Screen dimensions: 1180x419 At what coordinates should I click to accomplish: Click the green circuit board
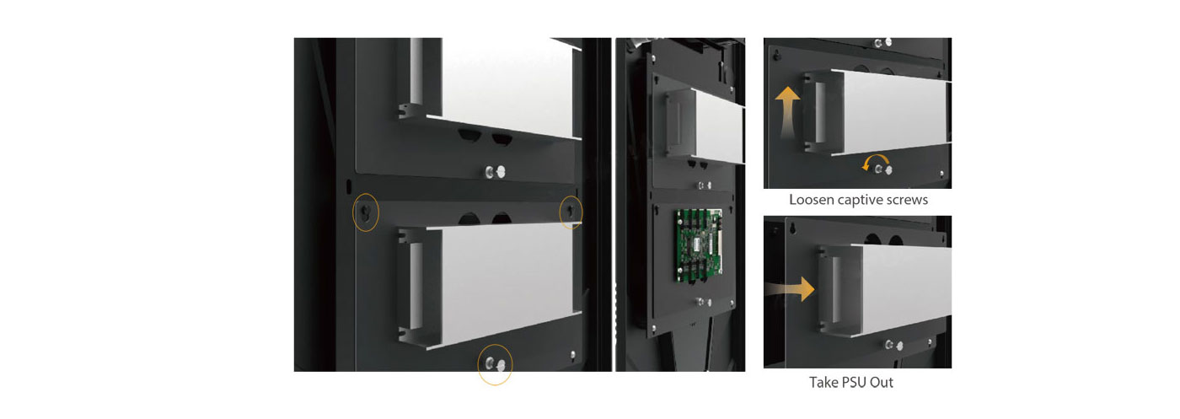699,245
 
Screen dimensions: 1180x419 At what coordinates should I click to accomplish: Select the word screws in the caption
907,201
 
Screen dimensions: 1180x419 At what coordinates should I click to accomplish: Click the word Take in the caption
822,383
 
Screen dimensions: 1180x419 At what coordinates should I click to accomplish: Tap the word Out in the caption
882,383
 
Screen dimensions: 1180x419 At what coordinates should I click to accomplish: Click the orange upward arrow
787,112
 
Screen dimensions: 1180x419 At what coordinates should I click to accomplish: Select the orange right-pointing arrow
791,289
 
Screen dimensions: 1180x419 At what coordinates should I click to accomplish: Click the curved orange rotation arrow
876,159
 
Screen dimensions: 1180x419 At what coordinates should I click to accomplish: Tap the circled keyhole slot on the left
366,212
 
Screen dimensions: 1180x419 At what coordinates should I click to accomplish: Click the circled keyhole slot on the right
570,211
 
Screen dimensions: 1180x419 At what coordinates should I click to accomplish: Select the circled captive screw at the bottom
496,363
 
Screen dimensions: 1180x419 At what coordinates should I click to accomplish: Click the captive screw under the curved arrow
883,169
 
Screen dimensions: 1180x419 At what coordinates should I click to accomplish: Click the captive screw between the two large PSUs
496,172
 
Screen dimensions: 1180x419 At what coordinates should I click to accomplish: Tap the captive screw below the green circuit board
703,302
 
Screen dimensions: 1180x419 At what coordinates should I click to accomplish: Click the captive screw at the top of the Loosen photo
882,43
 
